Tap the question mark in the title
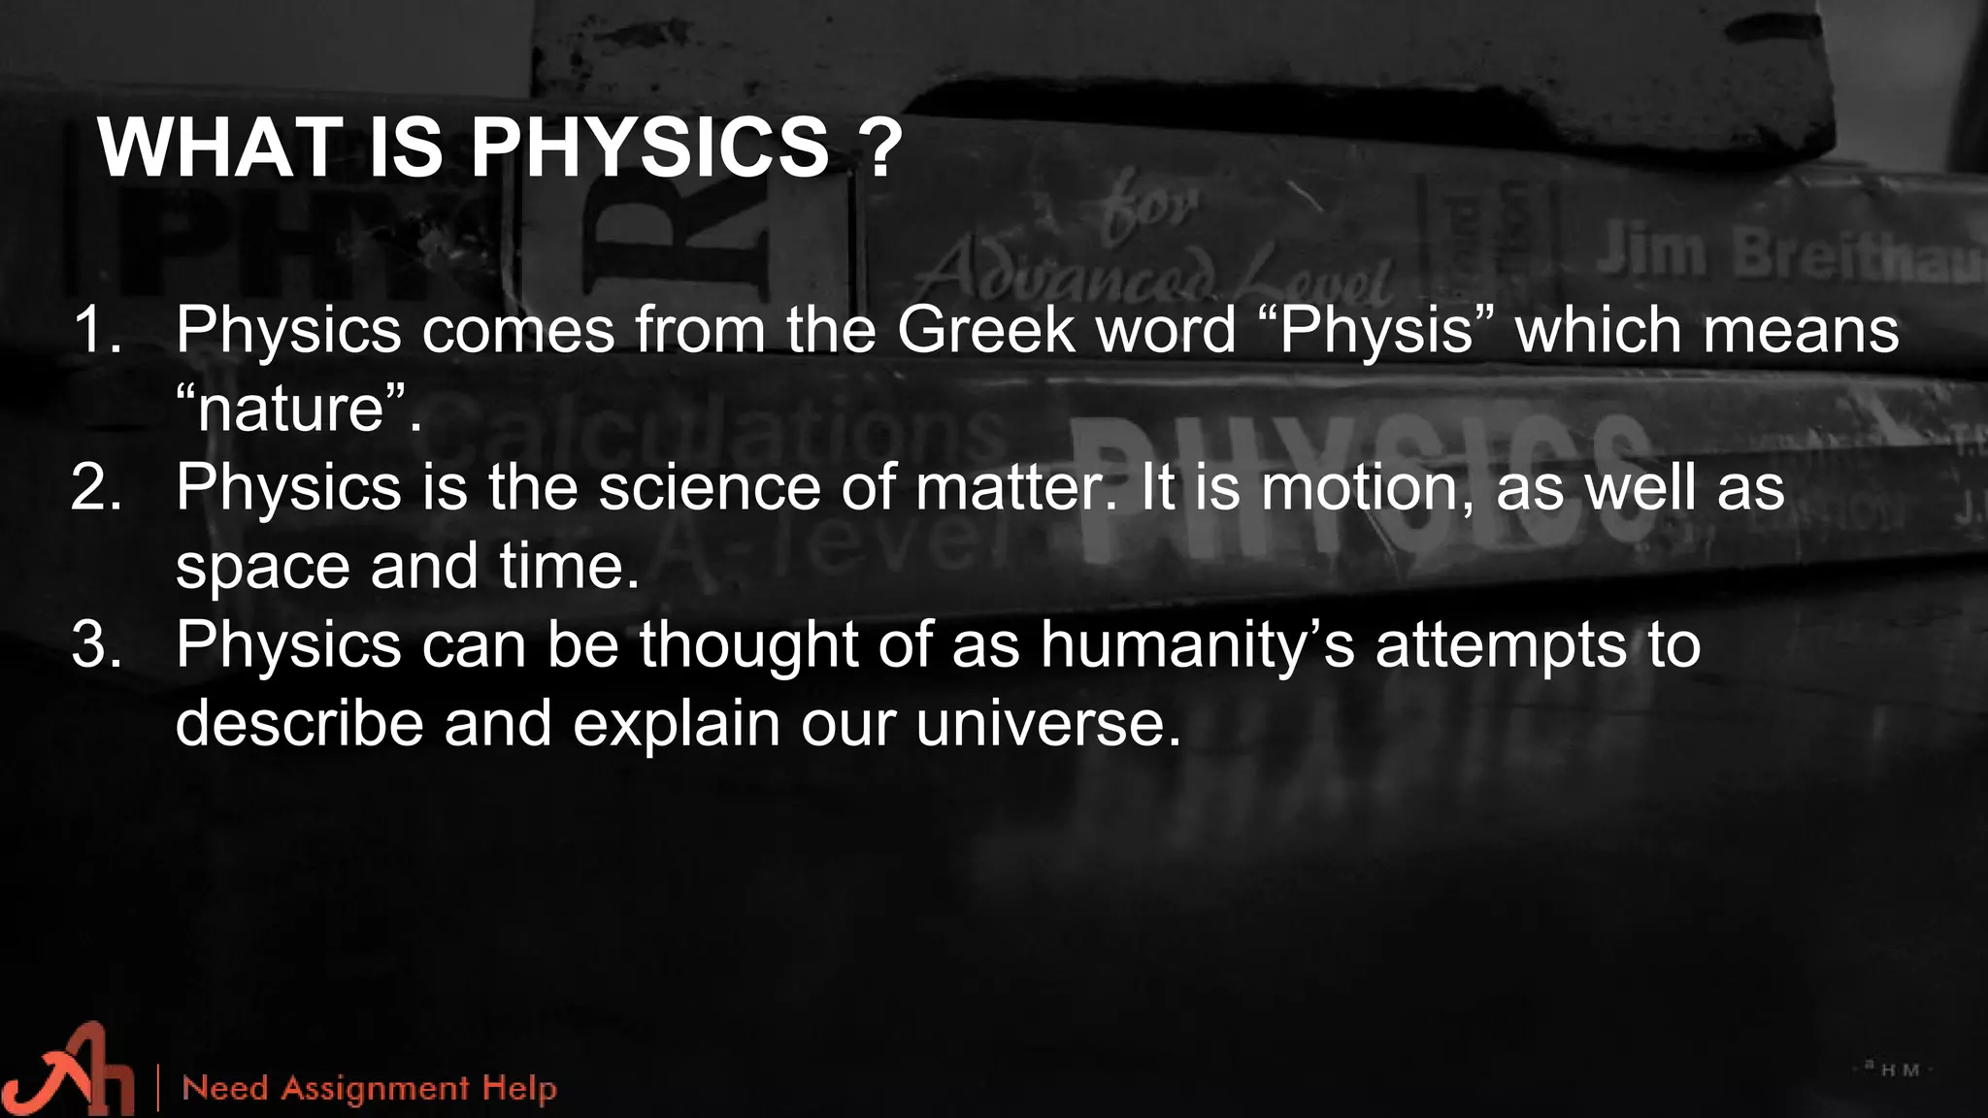pyautogui.click(x=880, y=148)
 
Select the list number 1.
pyautogui.click(x=96, y=330)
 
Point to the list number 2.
pyautogui.click(x=96, y=486)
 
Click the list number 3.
pyautogui.click(x=96, y=643)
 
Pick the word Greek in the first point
pyautogui.click(x=984, y=330)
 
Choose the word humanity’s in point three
pyautogui.click(x=1198, y=643)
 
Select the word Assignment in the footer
pyautogui.click(x=375, y=1088)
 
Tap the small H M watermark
pyautogui.click(x=1900, y=1069)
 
